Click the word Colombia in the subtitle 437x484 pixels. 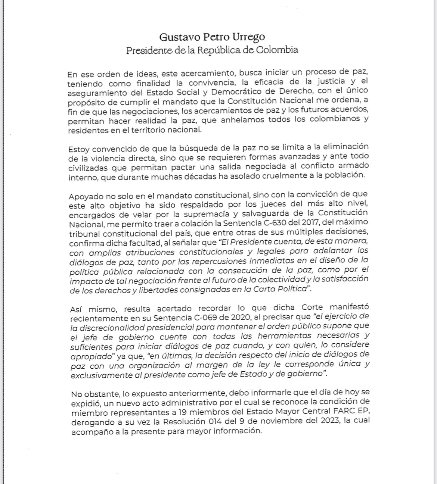[277, 50]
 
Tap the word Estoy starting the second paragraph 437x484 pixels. [78, 149]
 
